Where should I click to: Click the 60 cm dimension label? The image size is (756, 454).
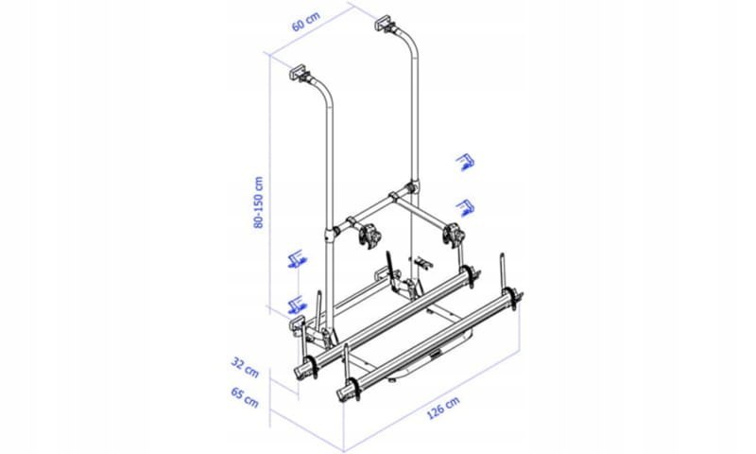(x=305, y=22)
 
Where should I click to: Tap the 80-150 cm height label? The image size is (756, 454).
(x=259, y=201)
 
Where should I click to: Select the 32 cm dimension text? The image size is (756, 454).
(x=245, y=367)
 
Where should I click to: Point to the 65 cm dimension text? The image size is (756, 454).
(x=245, y=397)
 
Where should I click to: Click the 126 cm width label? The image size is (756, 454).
(x=443, y=409)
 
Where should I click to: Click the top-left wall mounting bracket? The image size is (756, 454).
(x=301, y=75)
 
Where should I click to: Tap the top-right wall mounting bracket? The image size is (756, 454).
(x=385, y=25)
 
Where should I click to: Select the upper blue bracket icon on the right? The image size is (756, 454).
(x=466, y=162)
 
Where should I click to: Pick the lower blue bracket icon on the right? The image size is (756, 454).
(x=466, y=207)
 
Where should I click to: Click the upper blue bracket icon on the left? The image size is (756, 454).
(x=296, y=259)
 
